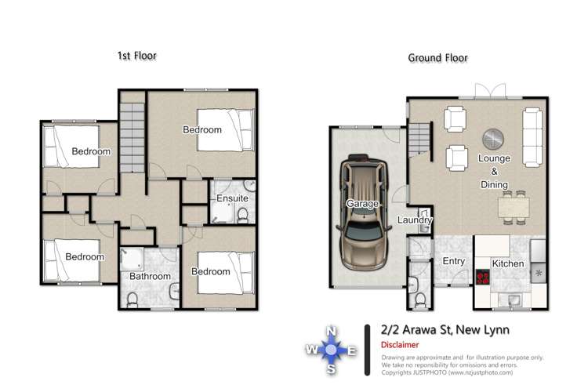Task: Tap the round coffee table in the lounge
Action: tap(493, 139)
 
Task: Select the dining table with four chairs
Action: tap(514, 206)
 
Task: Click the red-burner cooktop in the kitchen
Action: tap(482, 276)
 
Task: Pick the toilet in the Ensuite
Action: tap(244, 213)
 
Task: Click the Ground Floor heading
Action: tap(437, 58)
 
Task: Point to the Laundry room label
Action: tap(415, 221)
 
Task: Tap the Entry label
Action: tap(454, 262)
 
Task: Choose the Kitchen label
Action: tap(507, 263)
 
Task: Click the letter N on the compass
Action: tap(332, 330)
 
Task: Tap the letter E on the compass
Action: tap(352, 350)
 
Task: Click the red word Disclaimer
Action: tap(400, 344)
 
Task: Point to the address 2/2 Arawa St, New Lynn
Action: tap(445, 329)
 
